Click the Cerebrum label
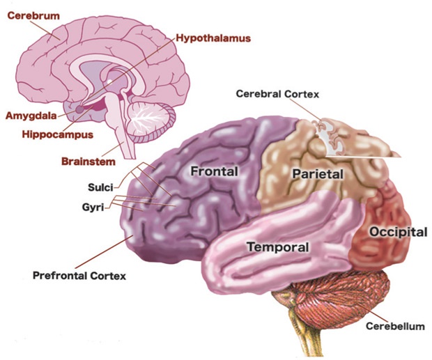pyautogui.click(x=33, y=16)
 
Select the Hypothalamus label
pyautogui.click(x=213, y=38)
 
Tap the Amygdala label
pyautogui.click(x=31, y=116)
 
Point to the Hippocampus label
pyautogui.click(x=58, y=134)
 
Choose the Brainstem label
pyautogui.click(x=88, y=162)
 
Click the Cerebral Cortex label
pyautogui.click(x=277, y=94)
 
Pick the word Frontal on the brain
pyautogui.click(x=215, y=171)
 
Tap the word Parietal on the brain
pyautogui.click(x=318, y=174)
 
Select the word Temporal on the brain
pyautogui.click(x=278, y=247)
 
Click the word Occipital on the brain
pyautogui.click(x=398, y=232)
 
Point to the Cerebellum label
pyautogui.click(x=395, y=327)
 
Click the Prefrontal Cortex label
pyautogui.click(x=79, y=276)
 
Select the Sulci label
pyautogui.click(x=100, y=187)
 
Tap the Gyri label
pyautogui.click(x=93, y=207)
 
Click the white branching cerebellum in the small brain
pyautogui.click(x=147, y=118)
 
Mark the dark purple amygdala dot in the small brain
pyautogui.click(x=80, y=109)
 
